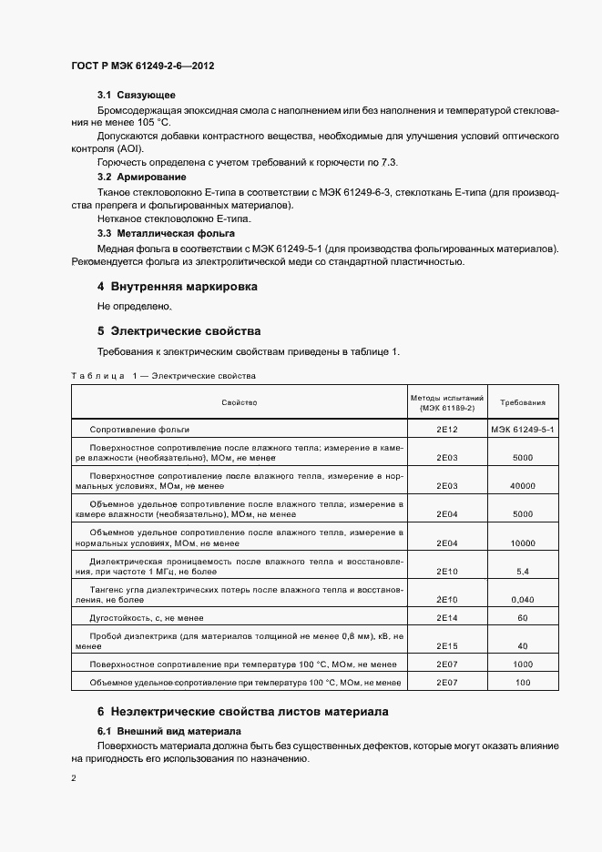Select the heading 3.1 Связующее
[x=137, y=96]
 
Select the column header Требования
[x=523, y=401]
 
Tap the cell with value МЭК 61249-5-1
[x=523, y=429]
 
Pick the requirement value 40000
[x=523, y=486]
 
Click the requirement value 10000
[x=523, y=543]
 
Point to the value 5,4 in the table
[x=523, y=572]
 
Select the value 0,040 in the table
[x=523, y=601]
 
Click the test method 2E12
[x=447, y=429]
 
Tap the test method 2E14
[x=447, y=618]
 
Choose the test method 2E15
[x=447, y=646]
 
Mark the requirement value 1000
[x=523, y=664]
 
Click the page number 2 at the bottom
[x=74, y=778]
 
